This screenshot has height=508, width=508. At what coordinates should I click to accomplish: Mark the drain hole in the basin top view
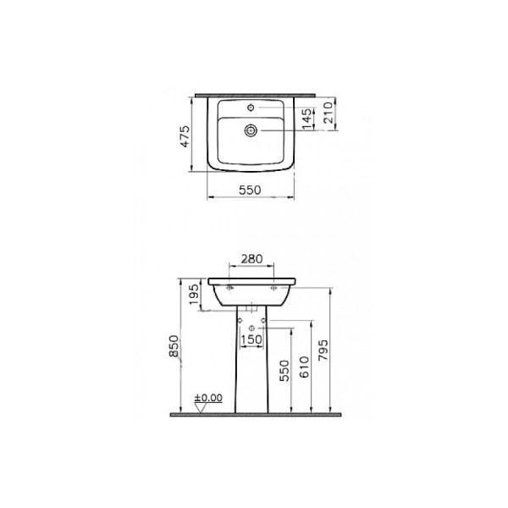[x=251, y=130]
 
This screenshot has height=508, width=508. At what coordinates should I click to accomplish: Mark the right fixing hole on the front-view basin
[x=273, y=288]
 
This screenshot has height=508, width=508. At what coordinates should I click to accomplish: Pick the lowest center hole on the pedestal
[x=251, y=328]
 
